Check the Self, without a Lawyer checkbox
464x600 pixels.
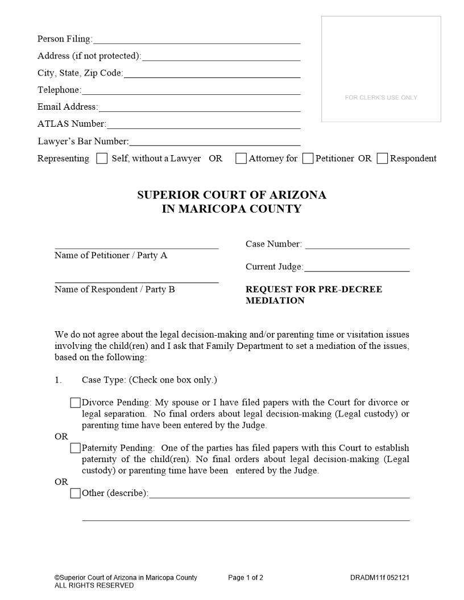click(x=102, y=159)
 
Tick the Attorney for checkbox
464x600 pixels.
click(x=241, y=159)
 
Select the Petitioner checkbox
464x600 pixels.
click(x=308, y=159)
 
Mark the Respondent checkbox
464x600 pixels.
click(x=383, y=159)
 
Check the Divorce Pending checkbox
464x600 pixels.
click(x=76, y=403)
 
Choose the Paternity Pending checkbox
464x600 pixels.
click(x=76, y=448)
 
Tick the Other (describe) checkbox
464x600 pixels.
click(x=76, y=493)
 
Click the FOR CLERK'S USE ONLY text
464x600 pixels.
click(x=381, y=98)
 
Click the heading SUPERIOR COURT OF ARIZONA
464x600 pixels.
click(x=231, y=195)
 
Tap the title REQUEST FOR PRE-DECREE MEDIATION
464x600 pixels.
click(x=313, y=295)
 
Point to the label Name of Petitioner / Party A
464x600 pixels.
click(x=111, y=256)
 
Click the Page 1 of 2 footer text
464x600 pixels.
click(x=246, y=578)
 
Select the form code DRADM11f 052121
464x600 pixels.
click(x=379, y=578)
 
